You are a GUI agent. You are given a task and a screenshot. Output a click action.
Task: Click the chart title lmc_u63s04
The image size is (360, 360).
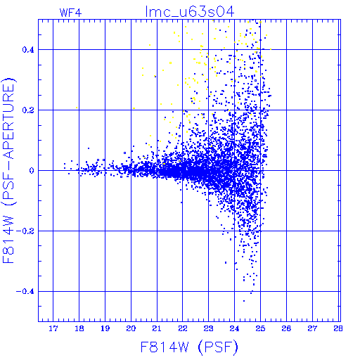(x=190, y=12)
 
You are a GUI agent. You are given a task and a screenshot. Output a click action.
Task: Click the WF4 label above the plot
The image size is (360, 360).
(x=70, y=13)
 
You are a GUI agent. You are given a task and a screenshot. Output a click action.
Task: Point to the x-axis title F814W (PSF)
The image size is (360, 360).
(x=189, y=347)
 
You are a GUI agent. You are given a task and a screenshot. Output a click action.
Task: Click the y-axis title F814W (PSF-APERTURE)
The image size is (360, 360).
(x=8, y=171)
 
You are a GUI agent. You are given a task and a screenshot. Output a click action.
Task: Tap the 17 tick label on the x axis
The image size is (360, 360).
(x=53, y=328)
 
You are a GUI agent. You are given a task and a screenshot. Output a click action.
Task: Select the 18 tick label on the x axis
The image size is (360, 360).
(x=79, y=328)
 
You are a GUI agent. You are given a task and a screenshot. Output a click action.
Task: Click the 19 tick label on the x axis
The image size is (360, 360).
(x=105, y=328)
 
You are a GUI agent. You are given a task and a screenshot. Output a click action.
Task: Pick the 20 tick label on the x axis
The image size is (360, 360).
(x=131, y=328)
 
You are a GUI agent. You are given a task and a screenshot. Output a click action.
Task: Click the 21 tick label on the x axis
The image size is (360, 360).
(x=157, y=328)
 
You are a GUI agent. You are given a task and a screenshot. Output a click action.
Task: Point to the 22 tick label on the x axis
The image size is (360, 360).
(x=183, y=328)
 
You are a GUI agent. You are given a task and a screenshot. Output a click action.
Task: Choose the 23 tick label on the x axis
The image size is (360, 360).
(x=208, y=328)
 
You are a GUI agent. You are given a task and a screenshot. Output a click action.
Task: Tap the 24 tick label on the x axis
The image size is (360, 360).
(x=234, y=328)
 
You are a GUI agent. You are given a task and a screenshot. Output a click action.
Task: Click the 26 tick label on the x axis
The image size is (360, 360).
(x=286, y=328)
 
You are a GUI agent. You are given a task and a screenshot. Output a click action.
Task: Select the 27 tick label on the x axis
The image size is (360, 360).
(x=312, y=328)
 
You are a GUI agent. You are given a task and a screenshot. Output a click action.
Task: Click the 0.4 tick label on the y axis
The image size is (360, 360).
(x=28, y=50)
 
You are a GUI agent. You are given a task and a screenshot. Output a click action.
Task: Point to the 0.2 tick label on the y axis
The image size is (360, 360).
(x=28, y=110)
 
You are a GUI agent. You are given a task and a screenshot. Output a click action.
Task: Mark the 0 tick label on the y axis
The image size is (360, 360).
(x=32, y=171)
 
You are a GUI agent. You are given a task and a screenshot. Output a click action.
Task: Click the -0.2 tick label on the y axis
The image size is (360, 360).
(x=25, y=231)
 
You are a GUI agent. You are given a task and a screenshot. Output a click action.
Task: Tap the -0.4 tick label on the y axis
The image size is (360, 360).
(x=25, y=292)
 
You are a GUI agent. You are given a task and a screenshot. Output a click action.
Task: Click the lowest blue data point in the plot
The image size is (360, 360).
(x=244, y=301)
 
